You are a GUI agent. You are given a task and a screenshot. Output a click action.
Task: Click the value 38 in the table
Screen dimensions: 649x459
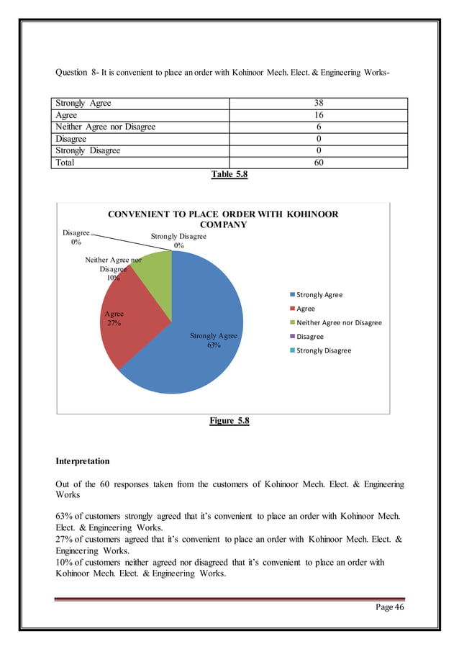[x=318, y=103]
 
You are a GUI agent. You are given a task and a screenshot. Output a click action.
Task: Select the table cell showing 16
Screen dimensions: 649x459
[x=318, y=115]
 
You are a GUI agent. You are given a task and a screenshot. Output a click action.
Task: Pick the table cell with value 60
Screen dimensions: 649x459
[x=318, y=163]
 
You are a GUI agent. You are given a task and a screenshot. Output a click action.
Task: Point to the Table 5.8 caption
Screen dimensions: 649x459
[x=229, y=175]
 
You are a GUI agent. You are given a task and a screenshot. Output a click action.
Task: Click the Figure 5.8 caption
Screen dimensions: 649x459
[x=229, y=421]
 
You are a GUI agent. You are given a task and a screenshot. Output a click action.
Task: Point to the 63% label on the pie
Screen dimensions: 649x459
[x=214, y=345]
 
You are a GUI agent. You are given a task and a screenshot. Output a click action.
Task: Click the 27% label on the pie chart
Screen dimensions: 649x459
[x=114, y=323]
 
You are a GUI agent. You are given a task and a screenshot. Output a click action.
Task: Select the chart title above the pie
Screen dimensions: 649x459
[x=222, y=219]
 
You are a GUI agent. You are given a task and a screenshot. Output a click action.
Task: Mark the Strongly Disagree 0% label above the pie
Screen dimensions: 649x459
[x=178, y=241]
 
